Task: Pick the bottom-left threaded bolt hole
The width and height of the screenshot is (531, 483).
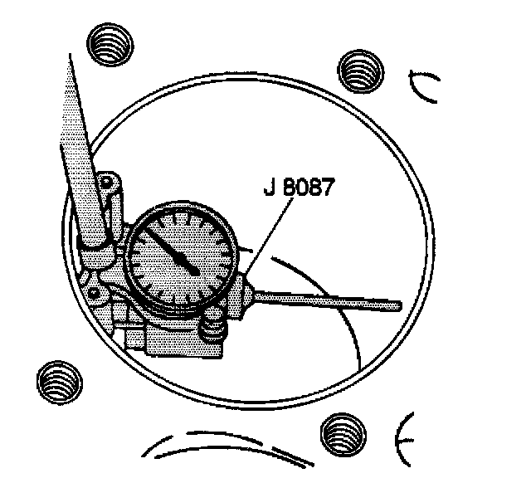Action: (60, 383)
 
